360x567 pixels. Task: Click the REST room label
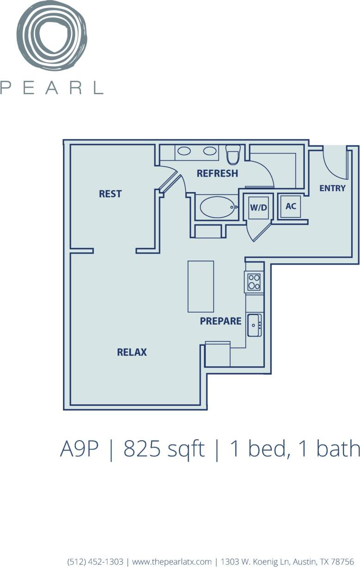pos(110,194)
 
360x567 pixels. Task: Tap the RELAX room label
pos(132,352)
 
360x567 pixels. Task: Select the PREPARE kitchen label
pos(221,321)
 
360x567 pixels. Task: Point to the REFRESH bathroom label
pos(217,174)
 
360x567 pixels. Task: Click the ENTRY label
pos(332,188)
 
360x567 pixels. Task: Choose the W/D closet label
pos(259,207)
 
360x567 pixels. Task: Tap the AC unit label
pos(291,206)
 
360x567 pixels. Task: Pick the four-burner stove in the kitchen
pos(254,281)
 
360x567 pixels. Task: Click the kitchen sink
pos(254,325)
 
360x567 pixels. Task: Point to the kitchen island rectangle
pos(201,287)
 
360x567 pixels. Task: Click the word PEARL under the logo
pos(51,87)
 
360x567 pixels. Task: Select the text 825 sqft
pos(164,449)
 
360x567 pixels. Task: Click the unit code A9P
pos(80,449)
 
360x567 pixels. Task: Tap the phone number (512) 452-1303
pos(95,561)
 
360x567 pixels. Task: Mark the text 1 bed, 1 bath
pos(295,449)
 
